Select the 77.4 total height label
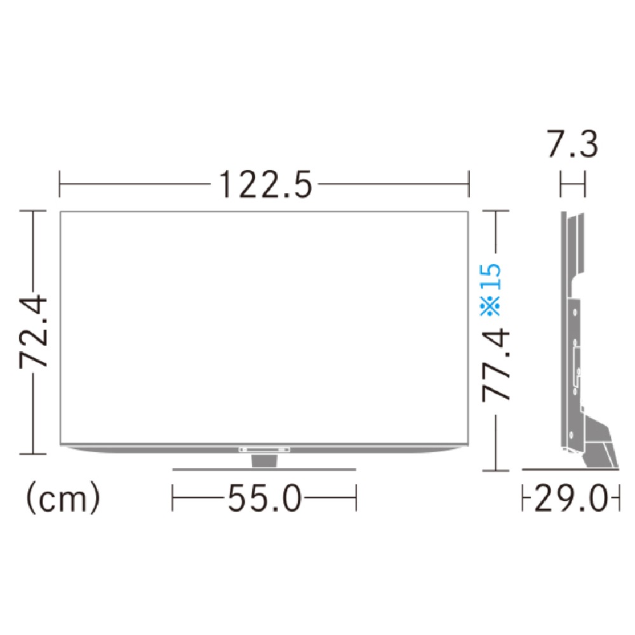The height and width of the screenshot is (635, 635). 496,364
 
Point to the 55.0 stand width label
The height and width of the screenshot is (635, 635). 264,499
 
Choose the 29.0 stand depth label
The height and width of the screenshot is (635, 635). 570,499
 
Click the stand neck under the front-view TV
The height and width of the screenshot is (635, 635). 264,460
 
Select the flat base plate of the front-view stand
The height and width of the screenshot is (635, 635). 264,470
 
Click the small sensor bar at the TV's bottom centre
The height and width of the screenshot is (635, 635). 264,449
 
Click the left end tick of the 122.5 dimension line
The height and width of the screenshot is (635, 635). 60,185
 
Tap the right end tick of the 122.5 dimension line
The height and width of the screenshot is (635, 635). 469,185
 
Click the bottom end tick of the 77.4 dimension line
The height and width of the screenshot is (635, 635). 496,471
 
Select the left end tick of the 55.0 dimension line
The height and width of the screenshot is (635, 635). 173,499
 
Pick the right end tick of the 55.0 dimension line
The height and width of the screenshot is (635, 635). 356,499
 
